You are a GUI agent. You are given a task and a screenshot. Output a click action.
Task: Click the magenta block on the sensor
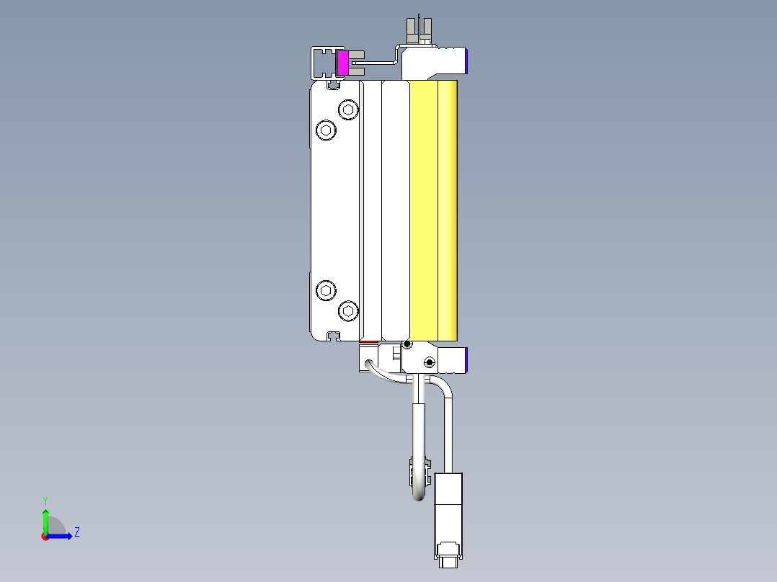(x=343, y=63)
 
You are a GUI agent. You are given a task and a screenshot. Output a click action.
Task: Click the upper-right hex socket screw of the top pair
(x=349, y=110)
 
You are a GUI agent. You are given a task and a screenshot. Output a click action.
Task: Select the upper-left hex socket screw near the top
(x=327, y=130)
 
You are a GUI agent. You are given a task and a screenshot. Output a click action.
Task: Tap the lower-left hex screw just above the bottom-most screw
(x=327, y=291)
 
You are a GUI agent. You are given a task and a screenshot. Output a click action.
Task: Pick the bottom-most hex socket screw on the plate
(x=349, y=311)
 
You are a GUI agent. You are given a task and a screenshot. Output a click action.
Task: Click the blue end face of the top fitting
(x=468, y=61)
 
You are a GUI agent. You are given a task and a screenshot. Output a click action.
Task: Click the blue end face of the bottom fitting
(x=468, y=359)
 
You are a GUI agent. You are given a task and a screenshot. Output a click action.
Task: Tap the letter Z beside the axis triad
(x=76, y=532)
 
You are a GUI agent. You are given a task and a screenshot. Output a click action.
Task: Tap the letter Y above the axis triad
(x=45, y=500)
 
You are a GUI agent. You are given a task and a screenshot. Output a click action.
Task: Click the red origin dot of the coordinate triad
(x=45, y=537)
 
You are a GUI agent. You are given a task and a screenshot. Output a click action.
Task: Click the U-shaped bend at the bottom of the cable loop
(x=419, y=496)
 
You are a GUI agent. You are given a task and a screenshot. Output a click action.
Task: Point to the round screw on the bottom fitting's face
(x=430, y=362)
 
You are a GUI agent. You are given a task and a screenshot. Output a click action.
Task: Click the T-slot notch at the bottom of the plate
(x=333, y=335)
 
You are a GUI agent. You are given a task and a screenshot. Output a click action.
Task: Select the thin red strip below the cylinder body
(x=368, y=342)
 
